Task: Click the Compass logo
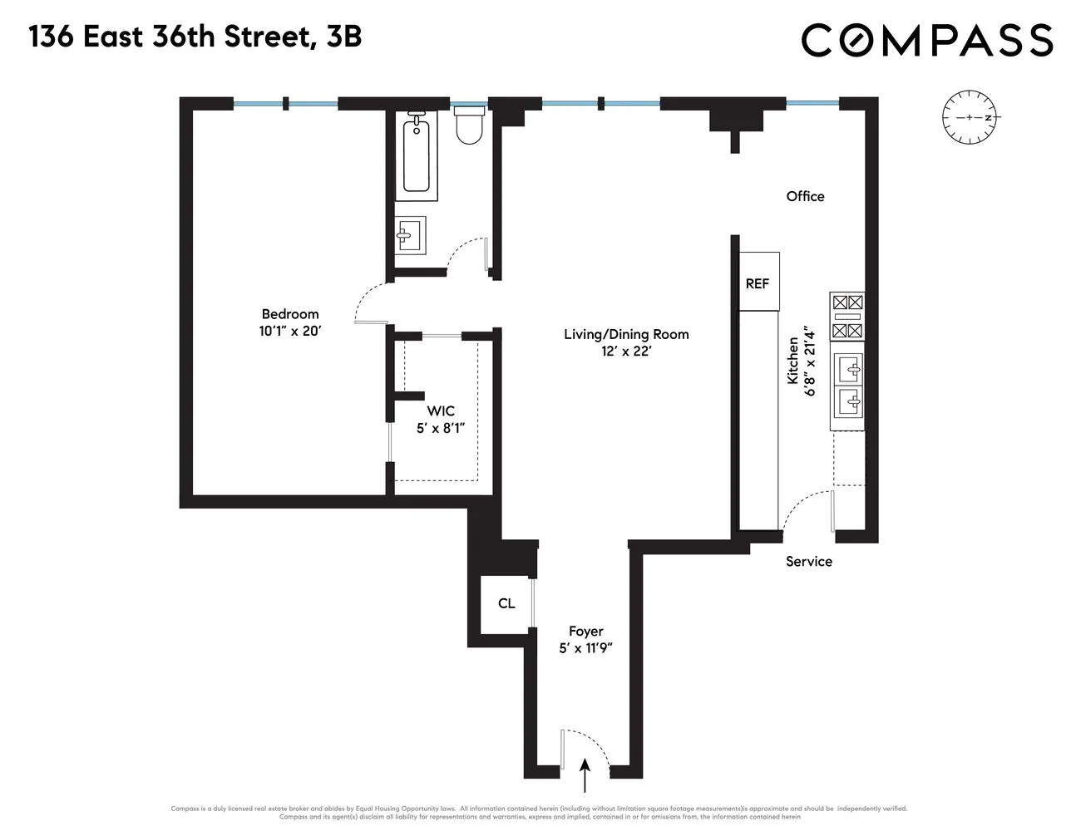point(926,40)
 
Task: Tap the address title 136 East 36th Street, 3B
point(195,37)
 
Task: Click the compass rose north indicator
point(970,117)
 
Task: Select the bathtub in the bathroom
point(417,156)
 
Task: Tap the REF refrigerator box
point(758,283)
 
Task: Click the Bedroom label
point(290,314)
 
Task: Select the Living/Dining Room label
point(626,334)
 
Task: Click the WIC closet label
point(441,411)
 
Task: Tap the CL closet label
point(506,603)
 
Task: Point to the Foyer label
point(585,632)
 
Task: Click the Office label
point(805,196)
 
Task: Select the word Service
point(808,561)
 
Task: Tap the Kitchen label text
point(792,360)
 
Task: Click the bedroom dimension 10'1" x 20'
point(290,330)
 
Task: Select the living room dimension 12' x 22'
point(626,351)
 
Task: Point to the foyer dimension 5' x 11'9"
point(585,648)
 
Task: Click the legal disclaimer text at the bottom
point(538,812)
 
